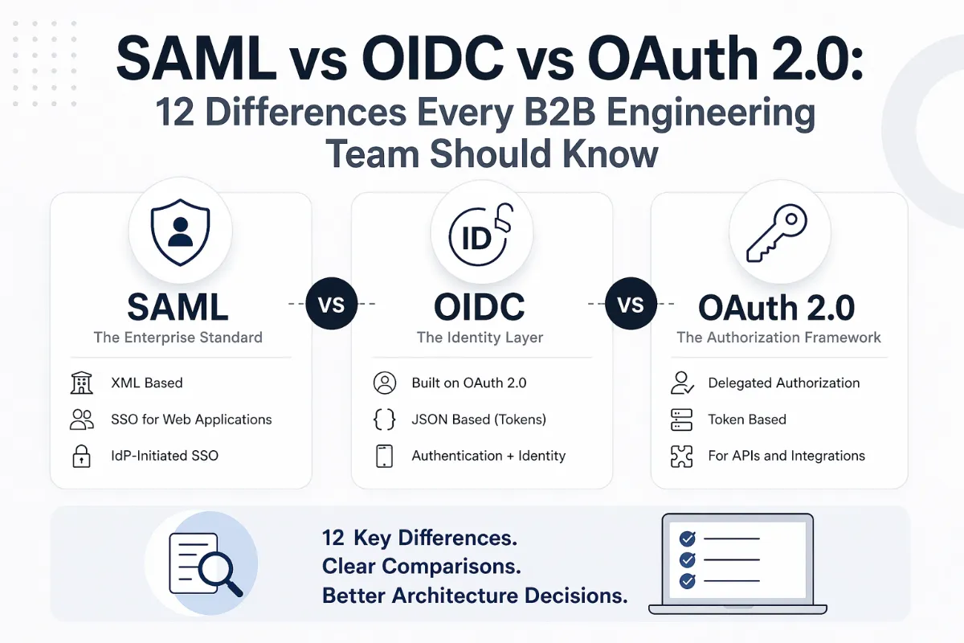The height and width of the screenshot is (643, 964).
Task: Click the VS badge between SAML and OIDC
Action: [x=331, y=305]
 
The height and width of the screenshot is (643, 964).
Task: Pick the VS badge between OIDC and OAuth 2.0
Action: [x=631, y=305]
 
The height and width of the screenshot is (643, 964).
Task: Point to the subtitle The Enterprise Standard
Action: [x=178, y=338]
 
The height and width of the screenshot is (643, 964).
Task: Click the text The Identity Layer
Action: [x=480, y=338]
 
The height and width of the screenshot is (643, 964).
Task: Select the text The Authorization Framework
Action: [x=778, y=338]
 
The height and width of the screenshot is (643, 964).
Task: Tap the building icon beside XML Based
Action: [x=82, y=383]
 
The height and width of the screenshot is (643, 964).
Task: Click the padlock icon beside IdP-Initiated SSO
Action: [x=82, y=456]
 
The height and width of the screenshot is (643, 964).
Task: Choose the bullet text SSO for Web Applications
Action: [x=191, y=420]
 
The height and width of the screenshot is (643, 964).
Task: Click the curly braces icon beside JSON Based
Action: [x=385, y=420]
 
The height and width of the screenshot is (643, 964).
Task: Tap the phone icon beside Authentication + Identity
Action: [x=385, y=456]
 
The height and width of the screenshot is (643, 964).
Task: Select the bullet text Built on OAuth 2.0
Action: [x=469, y=383]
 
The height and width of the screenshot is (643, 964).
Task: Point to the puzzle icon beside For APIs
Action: [x=681, y=456]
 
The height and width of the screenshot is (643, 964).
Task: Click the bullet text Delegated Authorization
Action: [x=783, y=383]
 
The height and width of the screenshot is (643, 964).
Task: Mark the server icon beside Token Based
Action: [x=681, y=420]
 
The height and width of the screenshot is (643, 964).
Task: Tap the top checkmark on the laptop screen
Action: [x=688, y=539]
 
